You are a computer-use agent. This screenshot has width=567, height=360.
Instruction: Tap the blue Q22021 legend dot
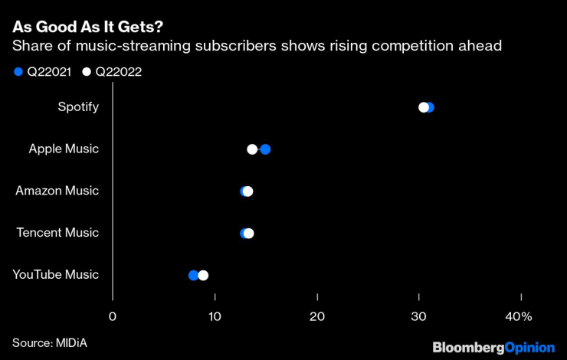click(18, 72)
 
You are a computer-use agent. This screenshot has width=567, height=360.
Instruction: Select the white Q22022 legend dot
click(87, 72)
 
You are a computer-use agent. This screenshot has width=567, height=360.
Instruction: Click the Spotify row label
click(78, 107)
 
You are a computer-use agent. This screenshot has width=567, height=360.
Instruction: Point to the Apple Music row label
click(64, 149)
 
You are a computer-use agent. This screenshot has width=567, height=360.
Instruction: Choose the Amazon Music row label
click(57, 191)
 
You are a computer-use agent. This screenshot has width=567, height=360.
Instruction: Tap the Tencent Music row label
click(58, 233)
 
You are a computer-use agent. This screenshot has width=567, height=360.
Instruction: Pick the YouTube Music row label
click(56, 275)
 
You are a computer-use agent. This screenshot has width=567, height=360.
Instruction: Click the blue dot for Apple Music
click(265, 149)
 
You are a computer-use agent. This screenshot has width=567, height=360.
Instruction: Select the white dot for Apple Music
click(252, 149)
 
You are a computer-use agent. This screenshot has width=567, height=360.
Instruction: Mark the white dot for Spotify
click(423, 107)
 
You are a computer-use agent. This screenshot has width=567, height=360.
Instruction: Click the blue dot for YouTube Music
click(193, 275)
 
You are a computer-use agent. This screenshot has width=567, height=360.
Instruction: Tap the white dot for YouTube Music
click(203, 275)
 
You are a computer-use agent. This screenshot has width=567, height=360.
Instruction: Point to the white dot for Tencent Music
click(248, 233)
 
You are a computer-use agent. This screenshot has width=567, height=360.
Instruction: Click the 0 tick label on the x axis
click(113, 317)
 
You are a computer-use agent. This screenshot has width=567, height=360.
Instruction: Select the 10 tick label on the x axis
click(215, 317)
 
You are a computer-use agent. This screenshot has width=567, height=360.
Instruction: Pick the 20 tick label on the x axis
click(317, 317)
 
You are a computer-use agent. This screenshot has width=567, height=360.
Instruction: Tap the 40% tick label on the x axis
click(518, 317)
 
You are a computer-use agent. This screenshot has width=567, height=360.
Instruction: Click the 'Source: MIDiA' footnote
click(50, 342)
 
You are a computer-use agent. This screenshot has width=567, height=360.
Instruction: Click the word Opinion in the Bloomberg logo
click(529, 348)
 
